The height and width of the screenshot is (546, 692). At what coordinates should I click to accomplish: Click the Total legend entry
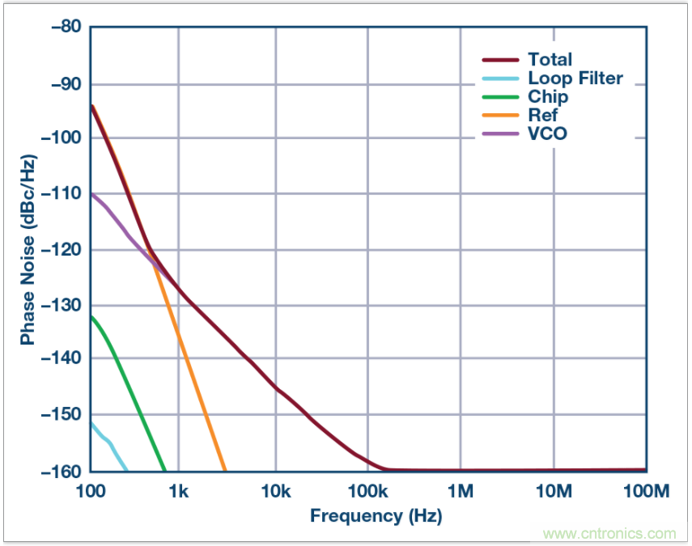[550, 59]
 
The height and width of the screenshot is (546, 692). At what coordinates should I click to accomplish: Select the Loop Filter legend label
[575, 78]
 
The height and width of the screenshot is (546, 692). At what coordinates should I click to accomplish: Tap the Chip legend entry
[548, 97]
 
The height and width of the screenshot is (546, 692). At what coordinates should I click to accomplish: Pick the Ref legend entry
[543, 116]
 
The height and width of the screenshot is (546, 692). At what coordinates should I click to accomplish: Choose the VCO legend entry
[547, 133]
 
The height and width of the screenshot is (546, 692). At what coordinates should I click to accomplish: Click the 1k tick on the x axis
[178, 490]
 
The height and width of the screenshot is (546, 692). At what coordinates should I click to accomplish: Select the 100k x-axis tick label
[367, 490]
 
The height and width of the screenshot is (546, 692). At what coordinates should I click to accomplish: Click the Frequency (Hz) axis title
[376, 515]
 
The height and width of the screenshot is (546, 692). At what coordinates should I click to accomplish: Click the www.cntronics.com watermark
[609, 534]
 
